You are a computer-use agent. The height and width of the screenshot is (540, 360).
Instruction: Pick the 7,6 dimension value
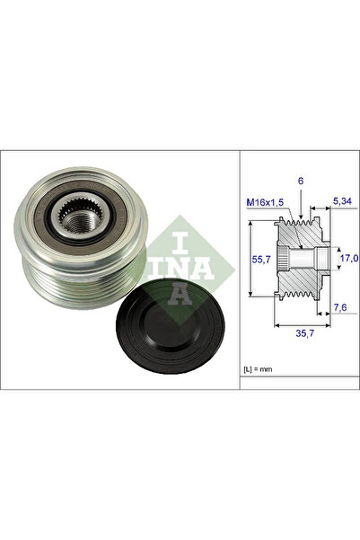(x=339, y=309)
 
